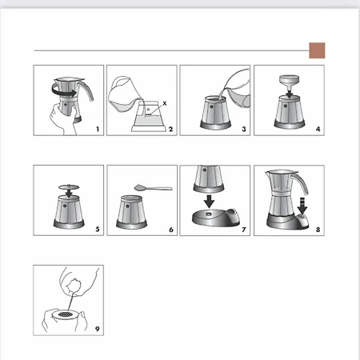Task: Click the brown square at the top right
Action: (x=317, y=50)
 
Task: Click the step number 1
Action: (x=98, y=129)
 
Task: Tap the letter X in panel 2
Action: (x=165, y=103)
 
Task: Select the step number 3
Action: (x=244, y=129)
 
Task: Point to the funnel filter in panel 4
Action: (x=290, y=82)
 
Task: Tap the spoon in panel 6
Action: (x=154, y=188)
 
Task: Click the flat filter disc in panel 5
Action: (x=69, y=186)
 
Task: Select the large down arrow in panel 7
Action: (x=210, y=201)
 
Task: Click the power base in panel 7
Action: (x=216, y=218)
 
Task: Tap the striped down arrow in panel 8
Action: (x=302, y=206)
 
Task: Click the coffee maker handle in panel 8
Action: (x=302, y=182)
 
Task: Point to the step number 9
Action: (x=98, y=329)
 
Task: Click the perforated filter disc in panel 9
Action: (x=65, y=314)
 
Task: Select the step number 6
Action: (x=171, y=230)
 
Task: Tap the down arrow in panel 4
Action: (x=290, y=94)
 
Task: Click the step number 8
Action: (x=318, y=230)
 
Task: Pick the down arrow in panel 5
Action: (x=69, y=193)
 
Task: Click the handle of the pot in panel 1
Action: (x=86, y=90)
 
